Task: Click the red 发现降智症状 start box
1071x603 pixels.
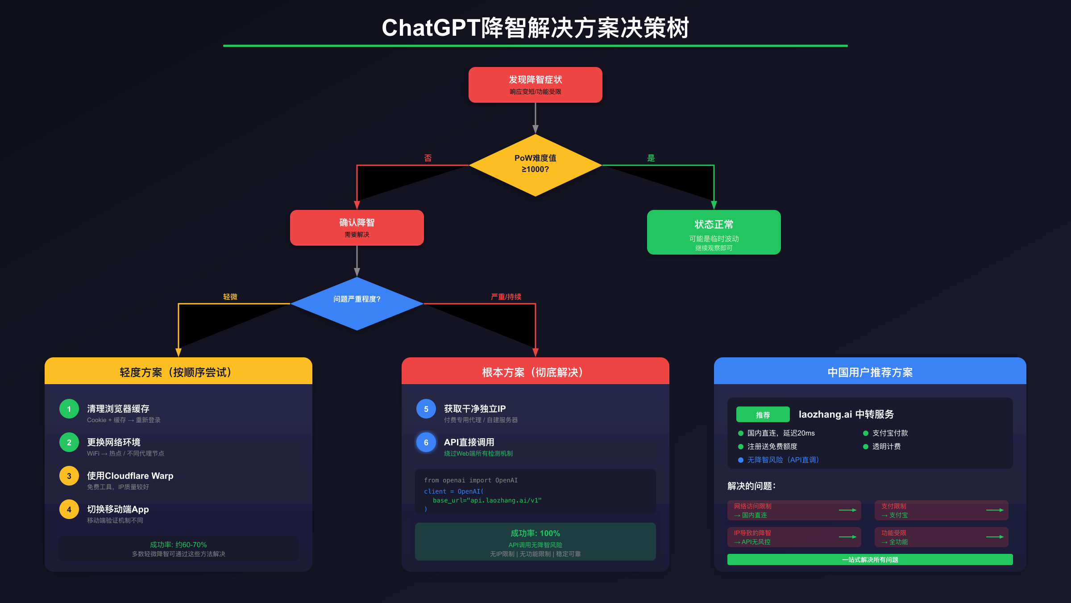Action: click(535, 85)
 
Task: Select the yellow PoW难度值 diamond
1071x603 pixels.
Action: click(535, 165)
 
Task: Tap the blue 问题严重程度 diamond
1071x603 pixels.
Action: click(357, 303)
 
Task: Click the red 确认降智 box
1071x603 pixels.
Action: click(357, 227)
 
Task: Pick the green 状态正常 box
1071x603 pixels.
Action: click(714, 232)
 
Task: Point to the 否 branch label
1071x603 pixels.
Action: click(428, 158)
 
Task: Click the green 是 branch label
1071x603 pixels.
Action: click(651, 158)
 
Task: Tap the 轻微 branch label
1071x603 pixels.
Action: click(230, 297)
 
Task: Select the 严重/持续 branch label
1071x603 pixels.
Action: click(506, 297)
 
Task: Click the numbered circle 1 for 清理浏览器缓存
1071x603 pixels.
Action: click(69, 409)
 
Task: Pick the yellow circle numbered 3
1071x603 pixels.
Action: click(69, 476)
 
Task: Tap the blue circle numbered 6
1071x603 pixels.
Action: click(426, 442)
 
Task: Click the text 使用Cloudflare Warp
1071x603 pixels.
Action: click(130, 476)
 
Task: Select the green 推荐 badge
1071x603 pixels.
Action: click(763, 415)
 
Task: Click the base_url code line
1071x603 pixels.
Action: click(487, 500)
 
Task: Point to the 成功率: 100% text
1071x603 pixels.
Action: click(535, 533)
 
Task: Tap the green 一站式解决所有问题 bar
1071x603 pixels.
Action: click(870, 560)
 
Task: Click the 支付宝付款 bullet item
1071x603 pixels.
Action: click(890, 433)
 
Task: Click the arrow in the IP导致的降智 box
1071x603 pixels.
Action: click(847, 537)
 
